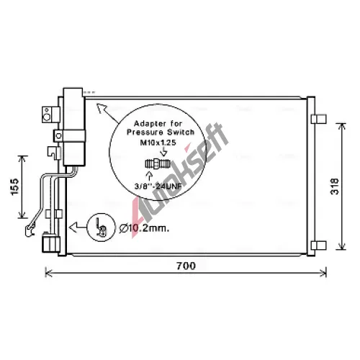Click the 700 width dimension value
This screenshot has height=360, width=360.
[186, 266]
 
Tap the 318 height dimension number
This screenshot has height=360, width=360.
[335, 186]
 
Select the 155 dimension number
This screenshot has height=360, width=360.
[15, 186]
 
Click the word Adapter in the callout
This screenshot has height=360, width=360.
[150, 124]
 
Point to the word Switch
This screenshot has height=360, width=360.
[181, 132]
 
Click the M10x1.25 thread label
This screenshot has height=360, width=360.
[158, 143]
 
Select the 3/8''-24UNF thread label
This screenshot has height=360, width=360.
[158, 186]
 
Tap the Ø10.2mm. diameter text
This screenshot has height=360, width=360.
[144, 228]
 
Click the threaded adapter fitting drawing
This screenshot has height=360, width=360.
[158, 164]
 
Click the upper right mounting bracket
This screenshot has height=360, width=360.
[319, 119]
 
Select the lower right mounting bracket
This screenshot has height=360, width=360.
[319, 246]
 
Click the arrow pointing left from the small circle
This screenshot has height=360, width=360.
[78, 227]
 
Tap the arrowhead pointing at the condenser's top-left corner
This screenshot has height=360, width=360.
[102, 108]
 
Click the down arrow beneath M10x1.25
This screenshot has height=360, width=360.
[164, 152]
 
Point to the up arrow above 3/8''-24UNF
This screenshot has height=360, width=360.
[150, 176]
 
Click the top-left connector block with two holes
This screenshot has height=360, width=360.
[51, 114]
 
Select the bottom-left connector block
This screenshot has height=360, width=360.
[51, 243]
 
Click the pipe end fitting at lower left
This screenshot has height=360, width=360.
[30, 230]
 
